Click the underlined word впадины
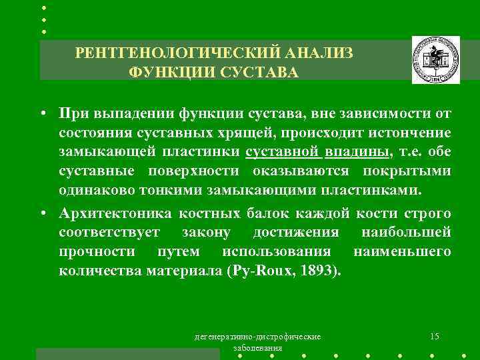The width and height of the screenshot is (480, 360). pos(357,152)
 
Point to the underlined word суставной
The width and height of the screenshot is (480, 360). pos(283,152)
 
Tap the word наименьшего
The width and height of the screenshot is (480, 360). pos(402,252)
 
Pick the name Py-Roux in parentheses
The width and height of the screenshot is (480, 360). pos(263,271)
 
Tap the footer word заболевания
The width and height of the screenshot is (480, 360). pos(257,348)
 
